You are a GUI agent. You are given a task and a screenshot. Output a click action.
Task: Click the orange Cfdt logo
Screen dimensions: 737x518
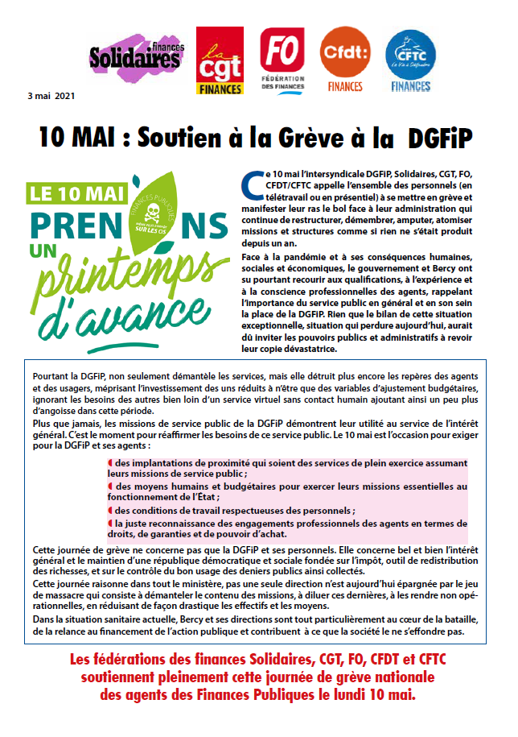click(x=343, y=58)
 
